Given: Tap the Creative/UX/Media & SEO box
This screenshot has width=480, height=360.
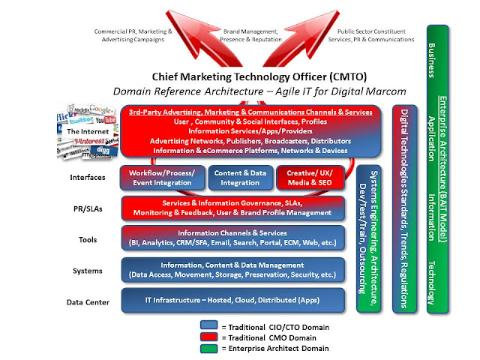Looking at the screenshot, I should click(310, 178).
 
